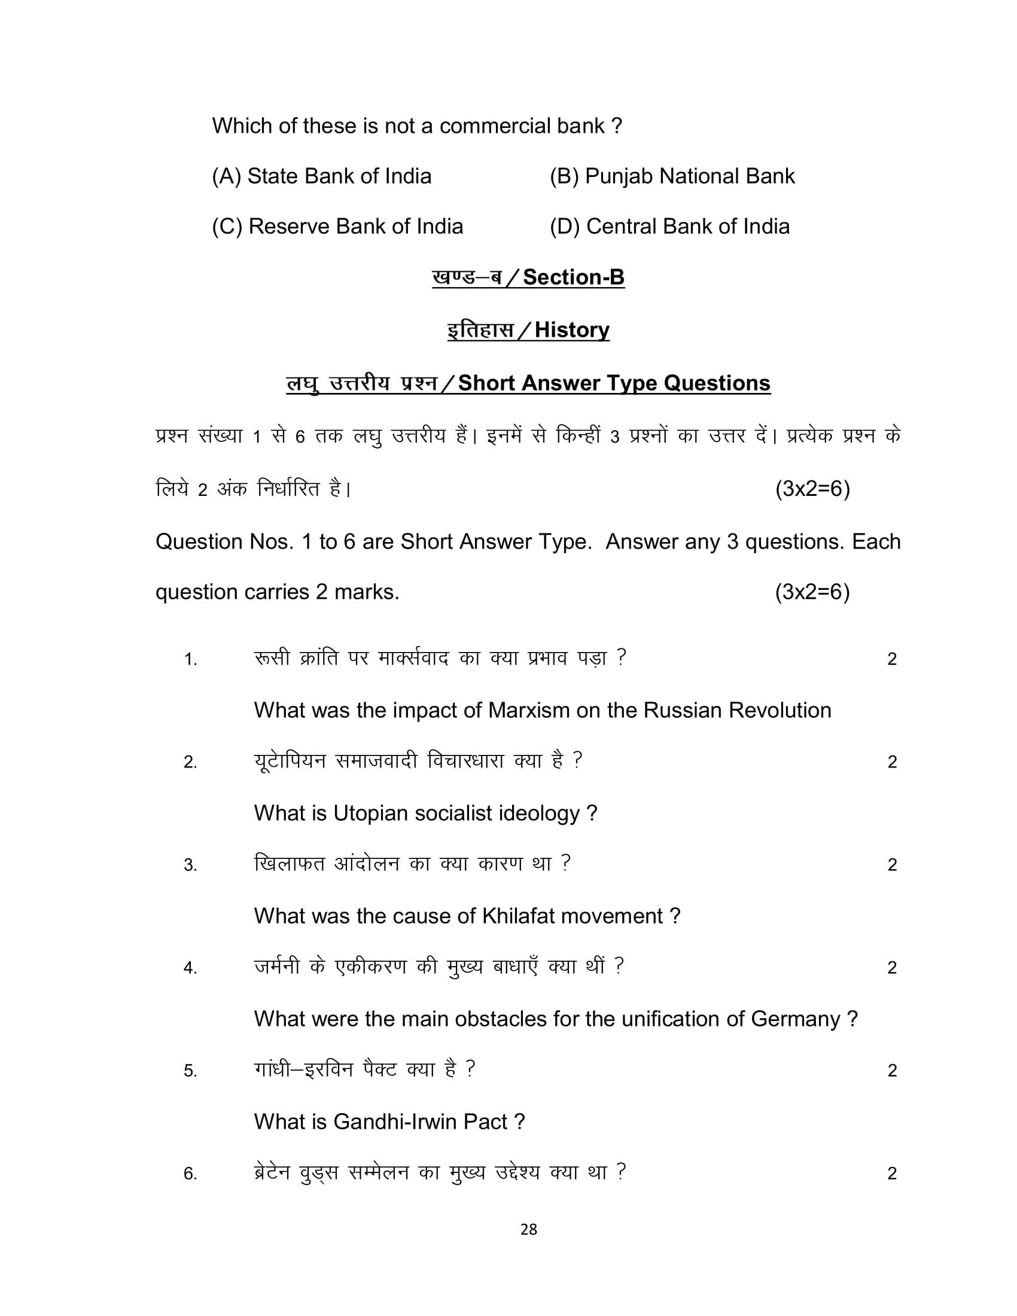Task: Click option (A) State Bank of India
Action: coord(321,176)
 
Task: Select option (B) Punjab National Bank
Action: coord(672,176)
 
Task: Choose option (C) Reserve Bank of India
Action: coord(337,227)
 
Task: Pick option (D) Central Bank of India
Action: coord(669,227)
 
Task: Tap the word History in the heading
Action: coord(572,330)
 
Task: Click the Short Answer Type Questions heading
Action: coord(614,383)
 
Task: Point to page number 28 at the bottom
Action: coord(528,1229)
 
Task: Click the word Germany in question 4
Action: coord(795,1019)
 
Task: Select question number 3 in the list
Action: coord(190,866)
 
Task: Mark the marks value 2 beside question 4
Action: coord(893,968)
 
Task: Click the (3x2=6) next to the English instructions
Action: coord(812,592)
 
